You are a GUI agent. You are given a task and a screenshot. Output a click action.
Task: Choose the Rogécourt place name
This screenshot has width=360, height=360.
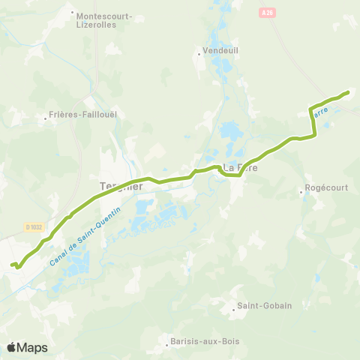327,188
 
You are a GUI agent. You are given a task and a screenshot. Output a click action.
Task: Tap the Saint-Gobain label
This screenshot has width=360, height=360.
265,305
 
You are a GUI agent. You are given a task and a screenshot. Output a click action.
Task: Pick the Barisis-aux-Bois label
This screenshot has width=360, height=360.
196,341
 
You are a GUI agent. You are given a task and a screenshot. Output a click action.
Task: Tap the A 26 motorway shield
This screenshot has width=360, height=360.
269,13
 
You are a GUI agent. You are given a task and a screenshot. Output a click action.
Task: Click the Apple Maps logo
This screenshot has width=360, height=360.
27,347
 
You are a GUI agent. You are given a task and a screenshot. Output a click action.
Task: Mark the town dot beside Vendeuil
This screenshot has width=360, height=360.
197,53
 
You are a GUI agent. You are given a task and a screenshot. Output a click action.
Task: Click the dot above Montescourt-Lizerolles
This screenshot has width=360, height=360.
72,13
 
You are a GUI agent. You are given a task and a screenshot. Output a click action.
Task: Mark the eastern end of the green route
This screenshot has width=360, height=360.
349,92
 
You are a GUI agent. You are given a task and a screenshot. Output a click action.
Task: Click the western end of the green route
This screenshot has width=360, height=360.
11,265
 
